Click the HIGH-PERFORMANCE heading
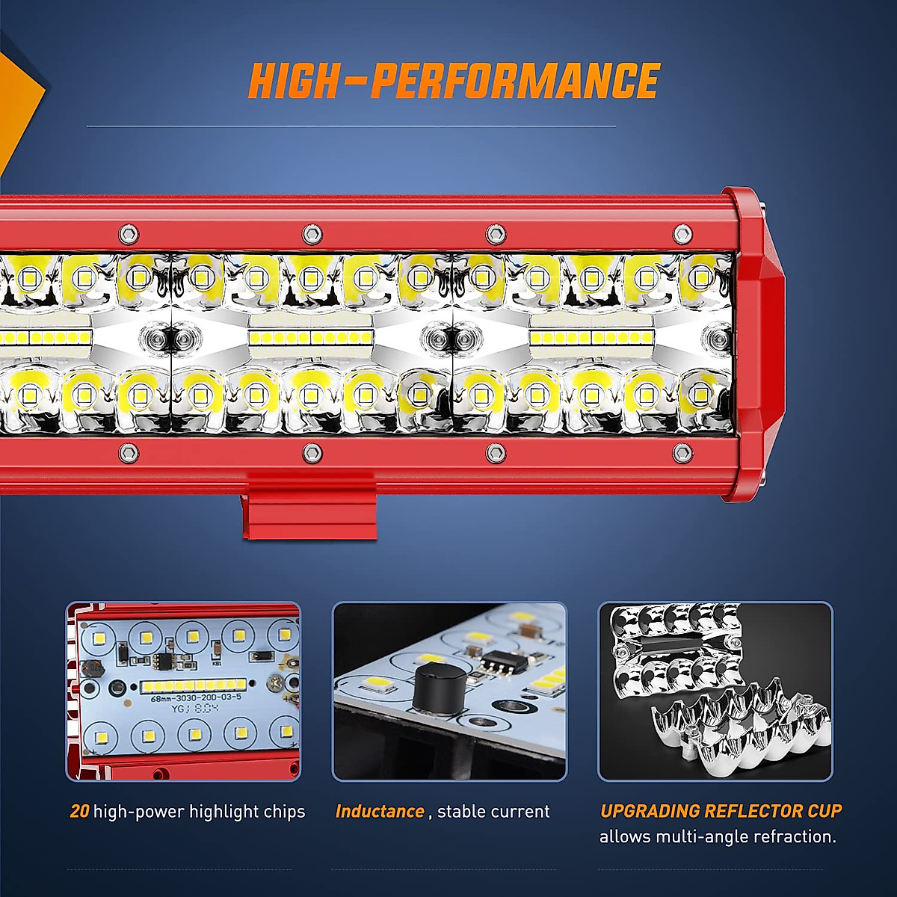pyautogui.click(x=453, y=81)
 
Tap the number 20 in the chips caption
pyautogui.click(x=79, y=812)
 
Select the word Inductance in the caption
pyautogui.click(x=380, y=812)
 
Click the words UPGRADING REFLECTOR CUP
pyautogui.click(x=721, y=811)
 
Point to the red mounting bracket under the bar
pyautogui.click(x=309, y=508)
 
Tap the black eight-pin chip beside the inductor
pyautogui.click(x=495, y=661)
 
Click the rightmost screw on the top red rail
pyautogui.click(x=682, y=234)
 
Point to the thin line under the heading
pyautogui.click(x=351, y=126)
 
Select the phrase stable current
pyautogui.click(x=493, y=812)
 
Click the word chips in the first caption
pyautogui.click(x=283, y=812)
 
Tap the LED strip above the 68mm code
pyautogui.click(x=193, y=685)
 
